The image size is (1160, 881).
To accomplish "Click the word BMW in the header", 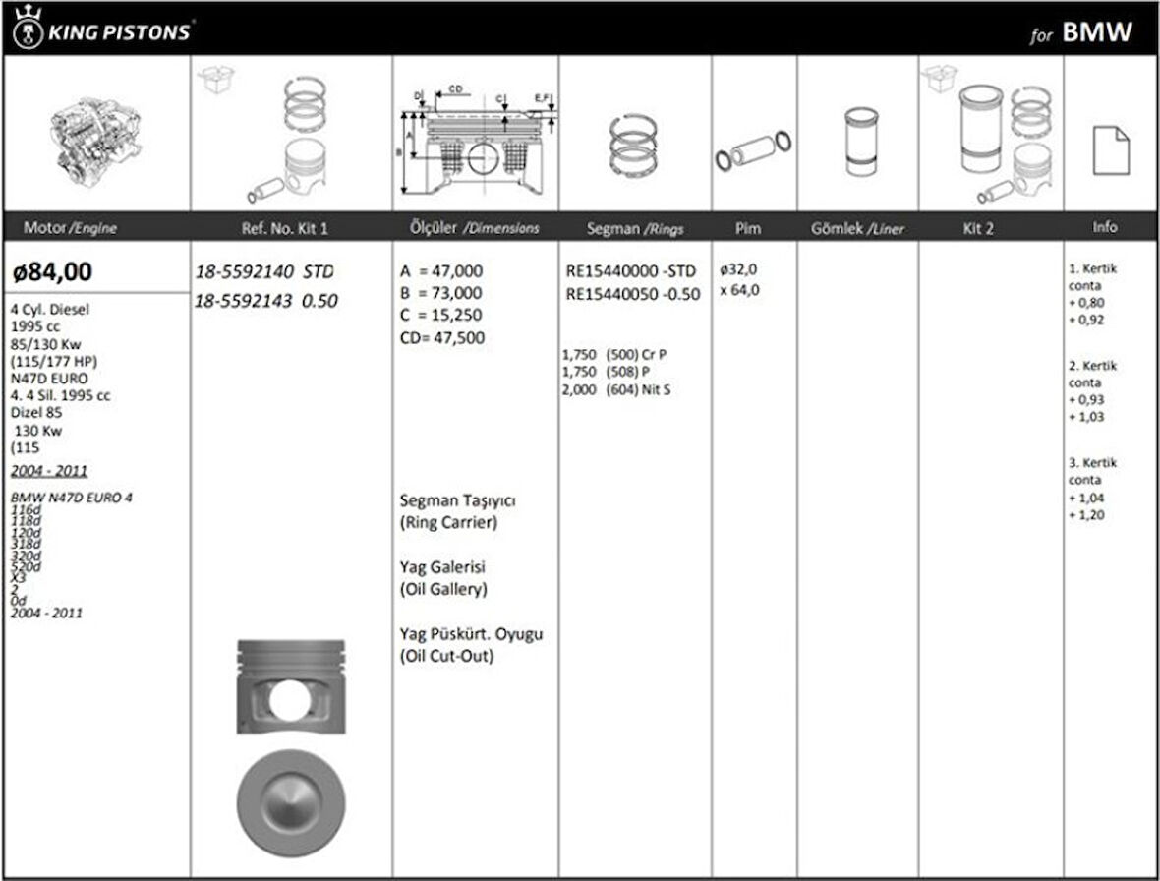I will coord(1097,32).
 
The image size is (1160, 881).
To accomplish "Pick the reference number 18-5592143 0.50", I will coord(265,301).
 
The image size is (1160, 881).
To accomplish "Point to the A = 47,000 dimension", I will coord(441,270).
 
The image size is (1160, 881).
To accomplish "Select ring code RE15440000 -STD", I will coord(631,270).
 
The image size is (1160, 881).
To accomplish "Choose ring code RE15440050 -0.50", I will coord(633,293).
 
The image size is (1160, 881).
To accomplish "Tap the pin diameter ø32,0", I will coord(739,269).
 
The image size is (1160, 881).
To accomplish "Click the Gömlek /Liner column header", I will coord(857,229).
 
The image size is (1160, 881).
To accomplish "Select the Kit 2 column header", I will coord(978,228).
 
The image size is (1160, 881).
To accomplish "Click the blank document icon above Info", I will coord(1111,150).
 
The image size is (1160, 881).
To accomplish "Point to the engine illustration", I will coord(96,135).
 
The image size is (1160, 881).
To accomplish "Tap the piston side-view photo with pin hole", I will coord(291,688).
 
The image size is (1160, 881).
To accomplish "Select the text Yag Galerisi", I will coord(443,567).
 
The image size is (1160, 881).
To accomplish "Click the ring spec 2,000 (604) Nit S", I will coord(616,390).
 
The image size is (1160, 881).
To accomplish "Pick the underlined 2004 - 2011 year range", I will coord(49,470).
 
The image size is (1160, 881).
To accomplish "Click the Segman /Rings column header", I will coord(635,228).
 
